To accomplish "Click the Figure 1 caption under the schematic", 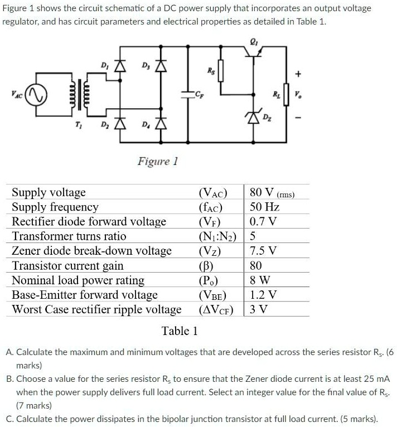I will pos(157,162).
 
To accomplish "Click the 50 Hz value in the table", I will pos(264,207).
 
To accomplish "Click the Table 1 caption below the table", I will pos(180,331).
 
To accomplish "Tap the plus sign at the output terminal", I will pos(298,74).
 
